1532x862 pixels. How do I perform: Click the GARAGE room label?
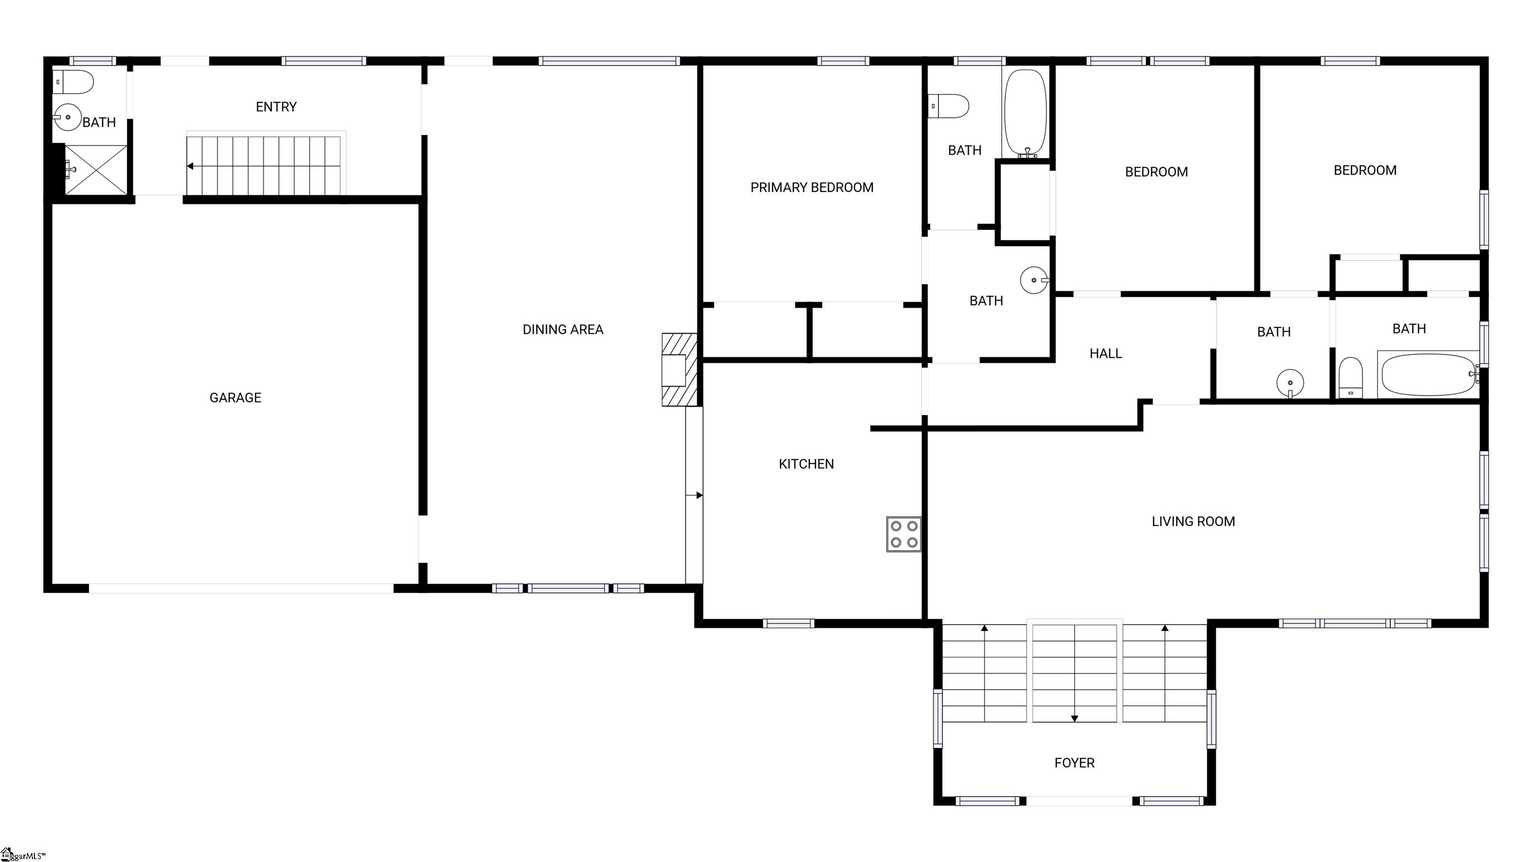(x=235, y=398)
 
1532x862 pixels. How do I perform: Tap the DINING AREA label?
(x=563, y=330)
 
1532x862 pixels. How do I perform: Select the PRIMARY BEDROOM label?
(x=812, y=188)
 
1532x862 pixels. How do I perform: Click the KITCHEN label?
(x=806, y=464)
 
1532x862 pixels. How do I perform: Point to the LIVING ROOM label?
(x=1193, y=522)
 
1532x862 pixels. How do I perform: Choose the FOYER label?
(x=1074, y=763)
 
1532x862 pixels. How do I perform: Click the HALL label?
(x=1106, y=353)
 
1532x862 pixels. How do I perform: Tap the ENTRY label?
(x=276, y=106)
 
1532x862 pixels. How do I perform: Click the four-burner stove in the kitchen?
(x=903, y=534)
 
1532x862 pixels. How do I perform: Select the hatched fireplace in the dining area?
(x=680, y=370)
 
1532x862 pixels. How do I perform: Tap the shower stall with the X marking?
(x=96, y=170)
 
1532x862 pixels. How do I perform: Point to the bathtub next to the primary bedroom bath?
(x=1025, y=114)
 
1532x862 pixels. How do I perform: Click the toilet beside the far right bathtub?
(x=1350, y=377)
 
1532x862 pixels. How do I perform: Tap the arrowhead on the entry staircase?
(x=190, y=166)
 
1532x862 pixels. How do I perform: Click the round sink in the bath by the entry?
(x=67, y=117)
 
